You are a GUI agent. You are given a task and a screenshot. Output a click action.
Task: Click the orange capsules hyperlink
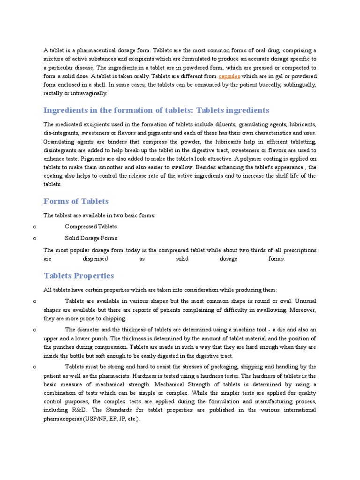229,76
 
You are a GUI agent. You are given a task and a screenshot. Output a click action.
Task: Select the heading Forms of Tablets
76,201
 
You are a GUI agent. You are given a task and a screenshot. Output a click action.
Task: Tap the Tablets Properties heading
79,276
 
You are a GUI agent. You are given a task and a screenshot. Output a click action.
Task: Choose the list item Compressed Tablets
91,227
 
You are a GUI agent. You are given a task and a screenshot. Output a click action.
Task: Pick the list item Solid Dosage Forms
91,238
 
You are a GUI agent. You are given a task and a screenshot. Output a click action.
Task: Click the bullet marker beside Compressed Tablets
35,227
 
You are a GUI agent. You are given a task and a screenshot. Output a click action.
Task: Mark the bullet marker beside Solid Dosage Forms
35,238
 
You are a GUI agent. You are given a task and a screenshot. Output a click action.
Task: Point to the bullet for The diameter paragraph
35,330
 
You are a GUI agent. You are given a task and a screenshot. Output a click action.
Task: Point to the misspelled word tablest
64,216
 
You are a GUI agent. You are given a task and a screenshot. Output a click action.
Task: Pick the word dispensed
96,259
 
